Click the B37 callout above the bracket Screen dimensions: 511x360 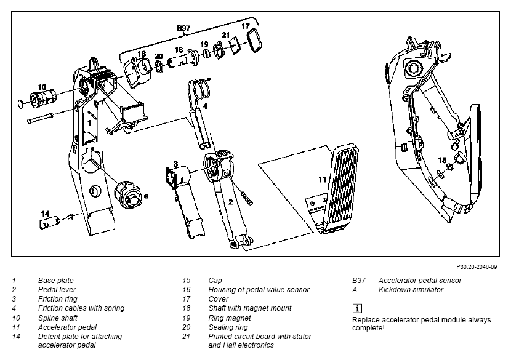point(183,28)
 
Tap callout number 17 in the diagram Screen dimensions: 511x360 point(246,26)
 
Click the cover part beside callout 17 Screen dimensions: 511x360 point(254,41)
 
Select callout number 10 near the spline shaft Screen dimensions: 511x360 point(42,87)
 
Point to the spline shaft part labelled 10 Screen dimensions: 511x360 point(44,98)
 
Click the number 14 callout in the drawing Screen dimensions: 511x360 point(45,214)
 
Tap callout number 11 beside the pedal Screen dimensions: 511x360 point(323,180)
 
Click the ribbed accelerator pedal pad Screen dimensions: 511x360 point(339,189)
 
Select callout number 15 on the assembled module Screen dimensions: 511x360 point(442,160)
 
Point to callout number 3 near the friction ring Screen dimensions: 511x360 point(175,164)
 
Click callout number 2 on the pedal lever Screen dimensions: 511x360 point(231,202)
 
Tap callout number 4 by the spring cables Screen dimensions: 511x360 point(205,106)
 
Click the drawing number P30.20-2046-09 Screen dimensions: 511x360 point(477,267)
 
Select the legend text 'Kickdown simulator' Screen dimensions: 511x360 point(411,290)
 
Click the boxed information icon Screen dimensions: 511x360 point(357,308)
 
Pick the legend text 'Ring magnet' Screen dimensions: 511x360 point(230,318)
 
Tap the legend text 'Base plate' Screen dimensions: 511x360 point(56,281)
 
